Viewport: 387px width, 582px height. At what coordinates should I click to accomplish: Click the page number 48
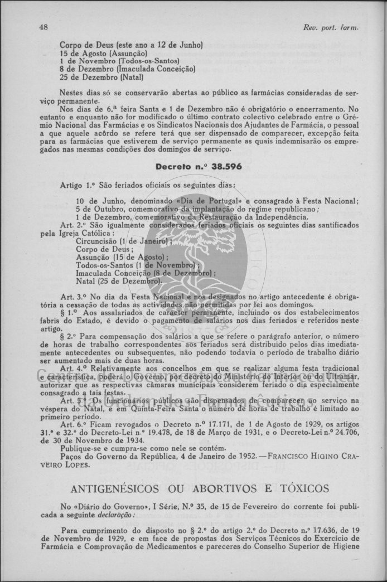click(43, 27)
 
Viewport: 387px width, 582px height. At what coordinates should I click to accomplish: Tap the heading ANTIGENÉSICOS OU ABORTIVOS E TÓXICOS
click(200, 489)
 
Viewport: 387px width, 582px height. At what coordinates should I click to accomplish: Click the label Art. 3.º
click(72, 298)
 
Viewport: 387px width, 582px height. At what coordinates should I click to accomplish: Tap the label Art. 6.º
click(72, 425)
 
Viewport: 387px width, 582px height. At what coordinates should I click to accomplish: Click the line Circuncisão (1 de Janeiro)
click(123, 241)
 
